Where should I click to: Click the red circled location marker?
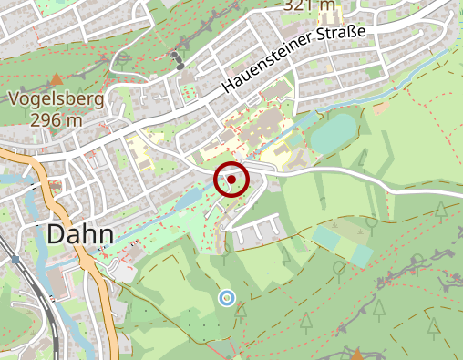pos(231,179)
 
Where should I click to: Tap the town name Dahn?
pos(80,234)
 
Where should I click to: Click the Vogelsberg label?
pos(57,100)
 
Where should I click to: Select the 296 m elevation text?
pos(57,119)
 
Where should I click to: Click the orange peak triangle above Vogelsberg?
pos(57,80)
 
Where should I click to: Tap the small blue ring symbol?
pos(227,297)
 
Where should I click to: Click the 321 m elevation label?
pos(311,5)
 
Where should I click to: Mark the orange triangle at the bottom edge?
pos(357,354)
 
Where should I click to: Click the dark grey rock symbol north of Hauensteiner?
pos(177,60)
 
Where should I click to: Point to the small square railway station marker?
pos(15,260)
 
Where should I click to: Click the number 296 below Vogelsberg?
pos(44,119)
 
